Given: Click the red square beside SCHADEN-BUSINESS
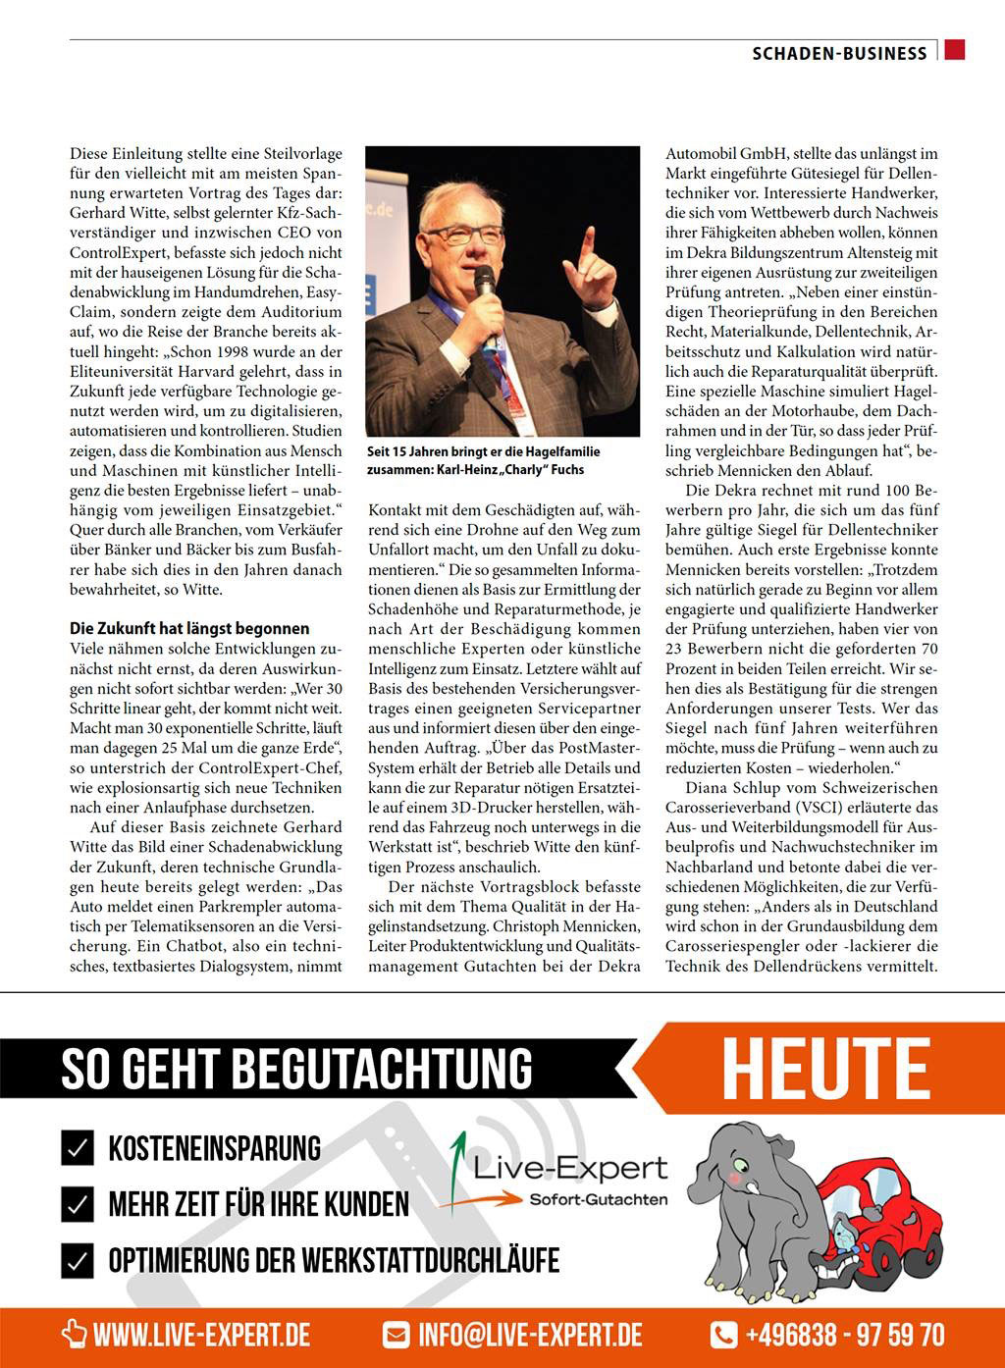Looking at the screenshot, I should (955, 50).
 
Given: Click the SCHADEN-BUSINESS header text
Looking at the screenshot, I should (839, 53).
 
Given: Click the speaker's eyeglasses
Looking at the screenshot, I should (465, 234).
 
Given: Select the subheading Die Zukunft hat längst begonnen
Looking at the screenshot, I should (189, 628).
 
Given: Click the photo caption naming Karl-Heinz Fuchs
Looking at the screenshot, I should (483, 460).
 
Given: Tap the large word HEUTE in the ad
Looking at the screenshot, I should (825, 1070).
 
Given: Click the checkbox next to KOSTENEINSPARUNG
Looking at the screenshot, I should (78, 1147).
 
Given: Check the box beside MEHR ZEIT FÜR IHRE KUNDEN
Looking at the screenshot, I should (78, 1203).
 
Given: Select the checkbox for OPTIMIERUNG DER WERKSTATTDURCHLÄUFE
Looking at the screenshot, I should (78, 1260).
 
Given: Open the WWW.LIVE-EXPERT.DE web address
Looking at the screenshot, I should (201, 1335).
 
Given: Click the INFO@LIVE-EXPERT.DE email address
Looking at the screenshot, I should (530, 1335).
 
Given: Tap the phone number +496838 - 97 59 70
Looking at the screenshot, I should (844, 1335).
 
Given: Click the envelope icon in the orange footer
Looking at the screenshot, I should (396, 1335).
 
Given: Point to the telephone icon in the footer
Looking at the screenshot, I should (723, 1335).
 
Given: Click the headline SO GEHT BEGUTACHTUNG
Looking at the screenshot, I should (296, 1069).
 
